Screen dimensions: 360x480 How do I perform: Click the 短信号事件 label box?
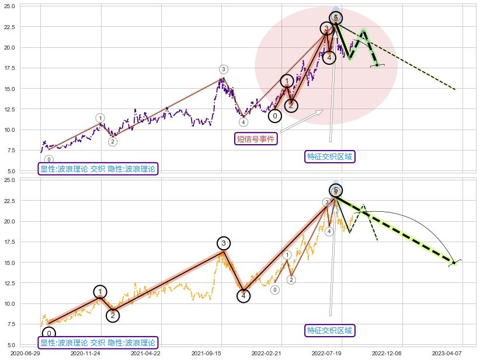(255, 138)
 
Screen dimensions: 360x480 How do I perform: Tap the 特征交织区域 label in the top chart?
(330, 156)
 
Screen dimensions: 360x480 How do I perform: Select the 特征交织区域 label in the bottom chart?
(330, 330)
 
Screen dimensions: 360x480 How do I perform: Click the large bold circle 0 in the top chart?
(275, 116)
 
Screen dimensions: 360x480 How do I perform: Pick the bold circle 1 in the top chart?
(287, 81)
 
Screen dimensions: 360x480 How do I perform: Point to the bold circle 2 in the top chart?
(291, 106)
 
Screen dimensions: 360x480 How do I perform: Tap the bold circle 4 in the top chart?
(329, 57)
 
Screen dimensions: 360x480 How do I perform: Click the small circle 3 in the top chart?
(224, 69)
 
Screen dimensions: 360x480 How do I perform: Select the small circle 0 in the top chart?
(49, 159)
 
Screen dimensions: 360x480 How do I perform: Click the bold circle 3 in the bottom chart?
(224, 243)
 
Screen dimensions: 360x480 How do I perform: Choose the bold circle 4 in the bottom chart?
(244, 296)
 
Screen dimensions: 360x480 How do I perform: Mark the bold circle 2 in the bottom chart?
(113, 316)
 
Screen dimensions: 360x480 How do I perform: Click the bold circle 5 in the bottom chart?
(336, 190)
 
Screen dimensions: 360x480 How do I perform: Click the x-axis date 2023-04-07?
(447, 353)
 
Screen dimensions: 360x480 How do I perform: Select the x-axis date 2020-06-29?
(25, 353)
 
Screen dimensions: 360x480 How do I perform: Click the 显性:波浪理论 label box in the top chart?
(98, 169)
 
